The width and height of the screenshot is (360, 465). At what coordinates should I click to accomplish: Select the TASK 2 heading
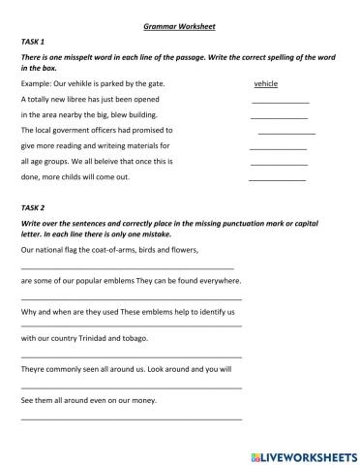pyautogui.click(x=33, y=207)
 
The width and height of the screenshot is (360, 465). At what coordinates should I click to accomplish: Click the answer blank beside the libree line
pyautogui.click(x=280, y=102)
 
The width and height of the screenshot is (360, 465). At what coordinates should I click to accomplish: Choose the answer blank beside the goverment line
pyautogui.click(x=286, y=133)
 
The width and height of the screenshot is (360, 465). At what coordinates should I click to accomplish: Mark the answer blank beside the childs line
pyautogui.click(x=277, y=179)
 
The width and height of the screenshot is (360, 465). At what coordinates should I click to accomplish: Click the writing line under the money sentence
pyautogui.click(x=131, y=418)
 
